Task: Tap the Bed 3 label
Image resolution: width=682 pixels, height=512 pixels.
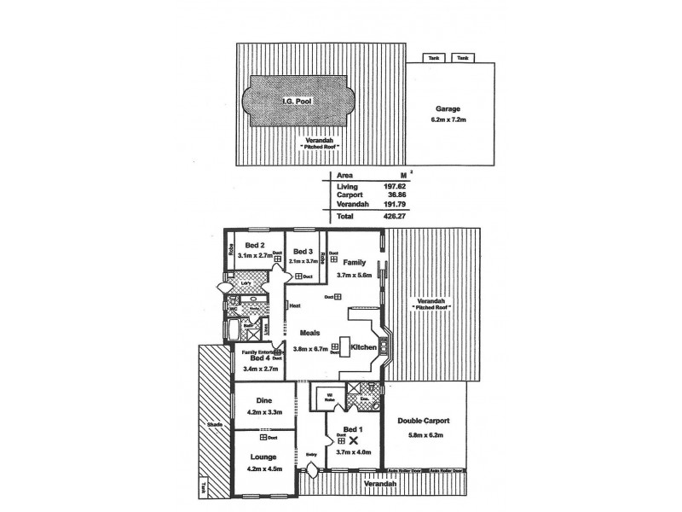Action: click(x=303, y=251)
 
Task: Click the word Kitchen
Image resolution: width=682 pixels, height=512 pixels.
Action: click(x=364, y=347)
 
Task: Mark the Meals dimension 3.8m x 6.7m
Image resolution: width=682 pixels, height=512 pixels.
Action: click(x=312, y=348)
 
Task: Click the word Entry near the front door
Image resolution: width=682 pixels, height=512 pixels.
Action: click(x=311, y=453)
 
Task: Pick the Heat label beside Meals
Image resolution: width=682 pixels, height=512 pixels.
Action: click(x=295, y=305)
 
